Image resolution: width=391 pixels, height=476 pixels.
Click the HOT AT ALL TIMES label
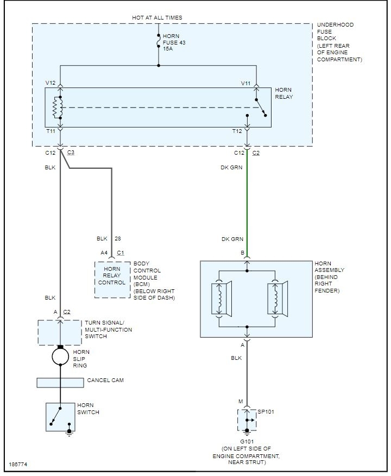coord(157,18)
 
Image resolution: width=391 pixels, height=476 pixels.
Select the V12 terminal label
coord(51,82)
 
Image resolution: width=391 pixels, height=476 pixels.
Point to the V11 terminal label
coord(246,82)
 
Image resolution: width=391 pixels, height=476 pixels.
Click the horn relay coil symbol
coord(55,107)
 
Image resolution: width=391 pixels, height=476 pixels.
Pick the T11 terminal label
coord(51,131)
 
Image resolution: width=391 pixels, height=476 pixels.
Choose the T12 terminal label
coord(238,131)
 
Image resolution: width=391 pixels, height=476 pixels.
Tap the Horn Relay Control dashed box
coord(112,279)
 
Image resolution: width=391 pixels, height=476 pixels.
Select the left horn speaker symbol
coord(223,299)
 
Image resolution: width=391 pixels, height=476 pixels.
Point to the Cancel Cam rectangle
coord(60,383)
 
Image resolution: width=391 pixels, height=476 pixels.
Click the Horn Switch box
coord(60,417)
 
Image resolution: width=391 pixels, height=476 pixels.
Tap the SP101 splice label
coord(266,412)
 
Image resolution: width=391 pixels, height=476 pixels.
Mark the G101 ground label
coord(247,441)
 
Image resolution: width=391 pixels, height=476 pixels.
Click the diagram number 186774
coord(18,466)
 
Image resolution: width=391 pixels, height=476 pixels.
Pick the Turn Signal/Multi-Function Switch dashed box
coord(60,332)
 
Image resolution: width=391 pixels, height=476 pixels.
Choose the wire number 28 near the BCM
coord(118,238)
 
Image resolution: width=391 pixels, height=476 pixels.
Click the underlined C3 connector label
coord(71,153)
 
